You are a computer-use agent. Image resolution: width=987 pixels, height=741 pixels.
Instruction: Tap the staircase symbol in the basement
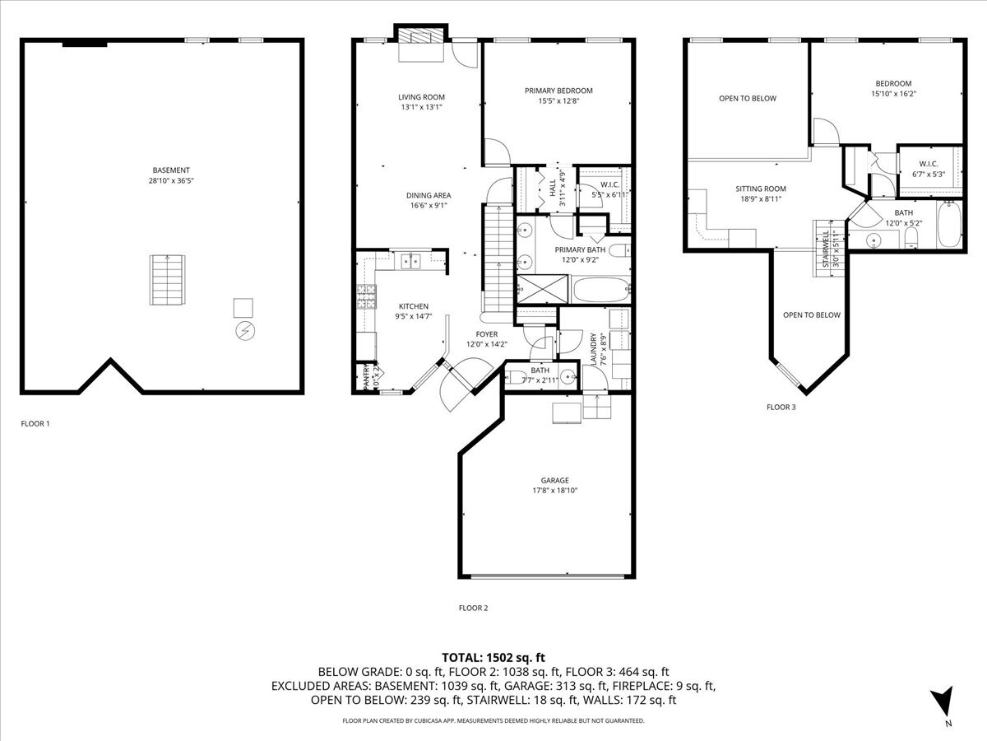point(167,279)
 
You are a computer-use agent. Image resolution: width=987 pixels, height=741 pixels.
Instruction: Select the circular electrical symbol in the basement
point(244,330)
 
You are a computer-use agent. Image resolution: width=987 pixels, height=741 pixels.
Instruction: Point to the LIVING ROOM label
point(421,97)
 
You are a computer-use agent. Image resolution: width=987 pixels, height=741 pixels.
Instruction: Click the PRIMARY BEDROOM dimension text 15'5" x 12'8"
point(558,101)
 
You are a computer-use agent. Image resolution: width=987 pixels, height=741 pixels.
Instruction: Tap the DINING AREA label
point(429,195)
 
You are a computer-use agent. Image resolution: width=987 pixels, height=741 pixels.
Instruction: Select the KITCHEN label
point(414,306)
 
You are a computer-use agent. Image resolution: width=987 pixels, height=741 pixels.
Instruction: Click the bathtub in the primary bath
point(601,290)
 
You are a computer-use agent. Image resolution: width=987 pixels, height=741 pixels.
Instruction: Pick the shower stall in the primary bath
point(541,289)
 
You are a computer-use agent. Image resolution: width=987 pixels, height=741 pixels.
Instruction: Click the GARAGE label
point(554,480)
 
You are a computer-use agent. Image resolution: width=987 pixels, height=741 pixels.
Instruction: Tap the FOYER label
point(487,334)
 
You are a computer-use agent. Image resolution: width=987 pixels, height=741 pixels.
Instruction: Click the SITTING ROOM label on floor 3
point(761,189)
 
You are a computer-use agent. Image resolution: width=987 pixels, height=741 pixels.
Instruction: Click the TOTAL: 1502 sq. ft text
point(493,657)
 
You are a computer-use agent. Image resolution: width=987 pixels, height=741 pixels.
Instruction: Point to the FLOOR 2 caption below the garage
point(473,608)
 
